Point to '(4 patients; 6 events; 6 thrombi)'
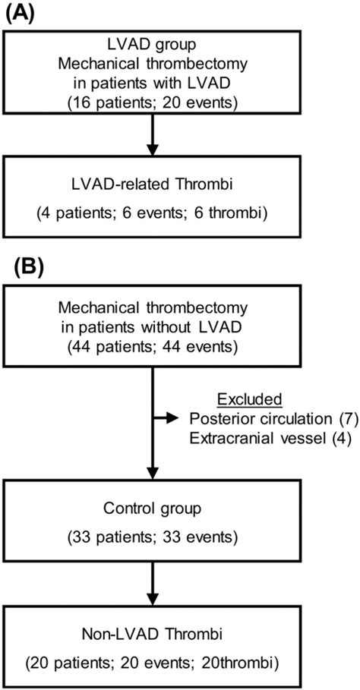pos(155,213)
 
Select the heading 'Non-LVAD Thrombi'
pos(155,635)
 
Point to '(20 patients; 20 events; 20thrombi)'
pos(155,661)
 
